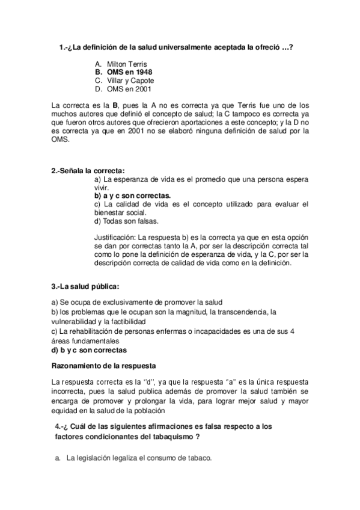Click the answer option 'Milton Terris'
[126, 64]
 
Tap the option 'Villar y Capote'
[130, 81]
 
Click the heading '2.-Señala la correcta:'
[88, 171]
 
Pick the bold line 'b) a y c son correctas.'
[132, 195]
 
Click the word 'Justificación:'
[115, 238]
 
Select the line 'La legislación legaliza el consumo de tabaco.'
[139, 458]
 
